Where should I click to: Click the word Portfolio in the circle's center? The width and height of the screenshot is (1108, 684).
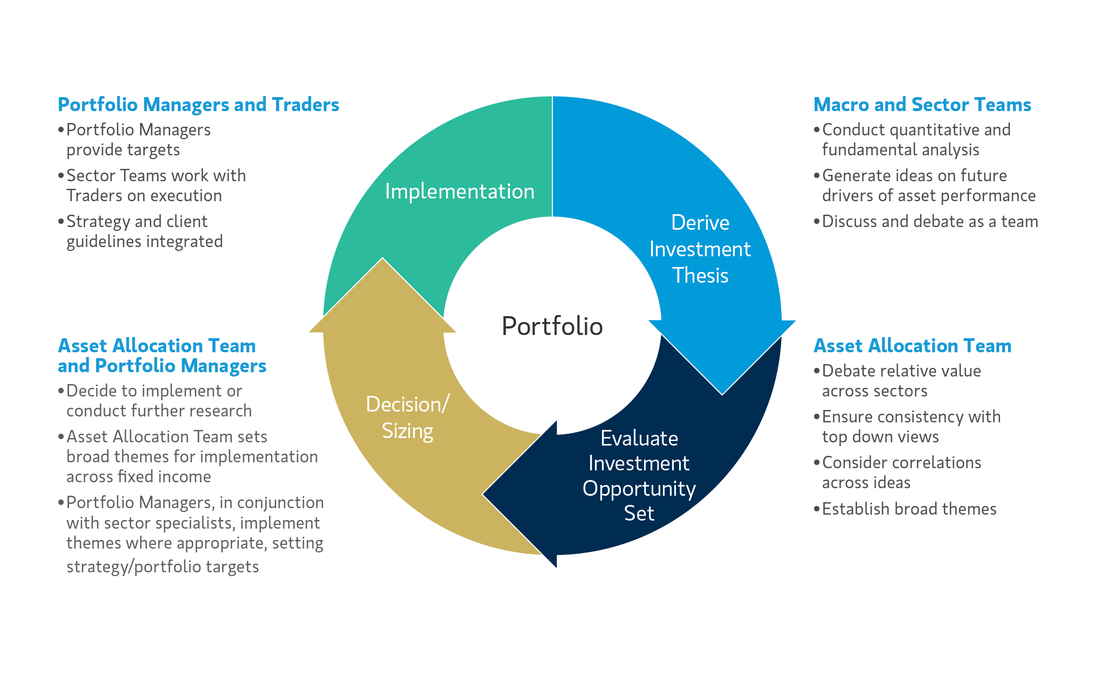(552, 326)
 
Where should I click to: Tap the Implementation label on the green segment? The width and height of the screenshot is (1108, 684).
(460, 191)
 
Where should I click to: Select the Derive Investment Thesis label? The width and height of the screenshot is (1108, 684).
(700, 249)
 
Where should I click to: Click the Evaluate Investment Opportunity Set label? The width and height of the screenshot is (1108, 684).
(639, 475)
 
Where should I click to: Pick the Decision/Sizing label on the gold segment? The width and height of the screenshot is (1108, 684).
(407, 418)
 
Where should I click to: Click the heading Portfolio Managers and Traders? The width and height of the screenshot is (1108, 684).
(199, 105)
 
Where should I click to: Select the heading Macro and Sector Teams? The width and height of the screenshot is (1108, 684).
(922, 105)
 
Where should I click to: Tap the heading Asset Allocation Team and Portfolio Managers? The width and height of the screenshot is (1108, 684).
(162, 355)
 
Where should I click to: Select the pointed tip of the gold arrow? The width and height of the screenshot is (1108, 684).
(382, 259)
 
